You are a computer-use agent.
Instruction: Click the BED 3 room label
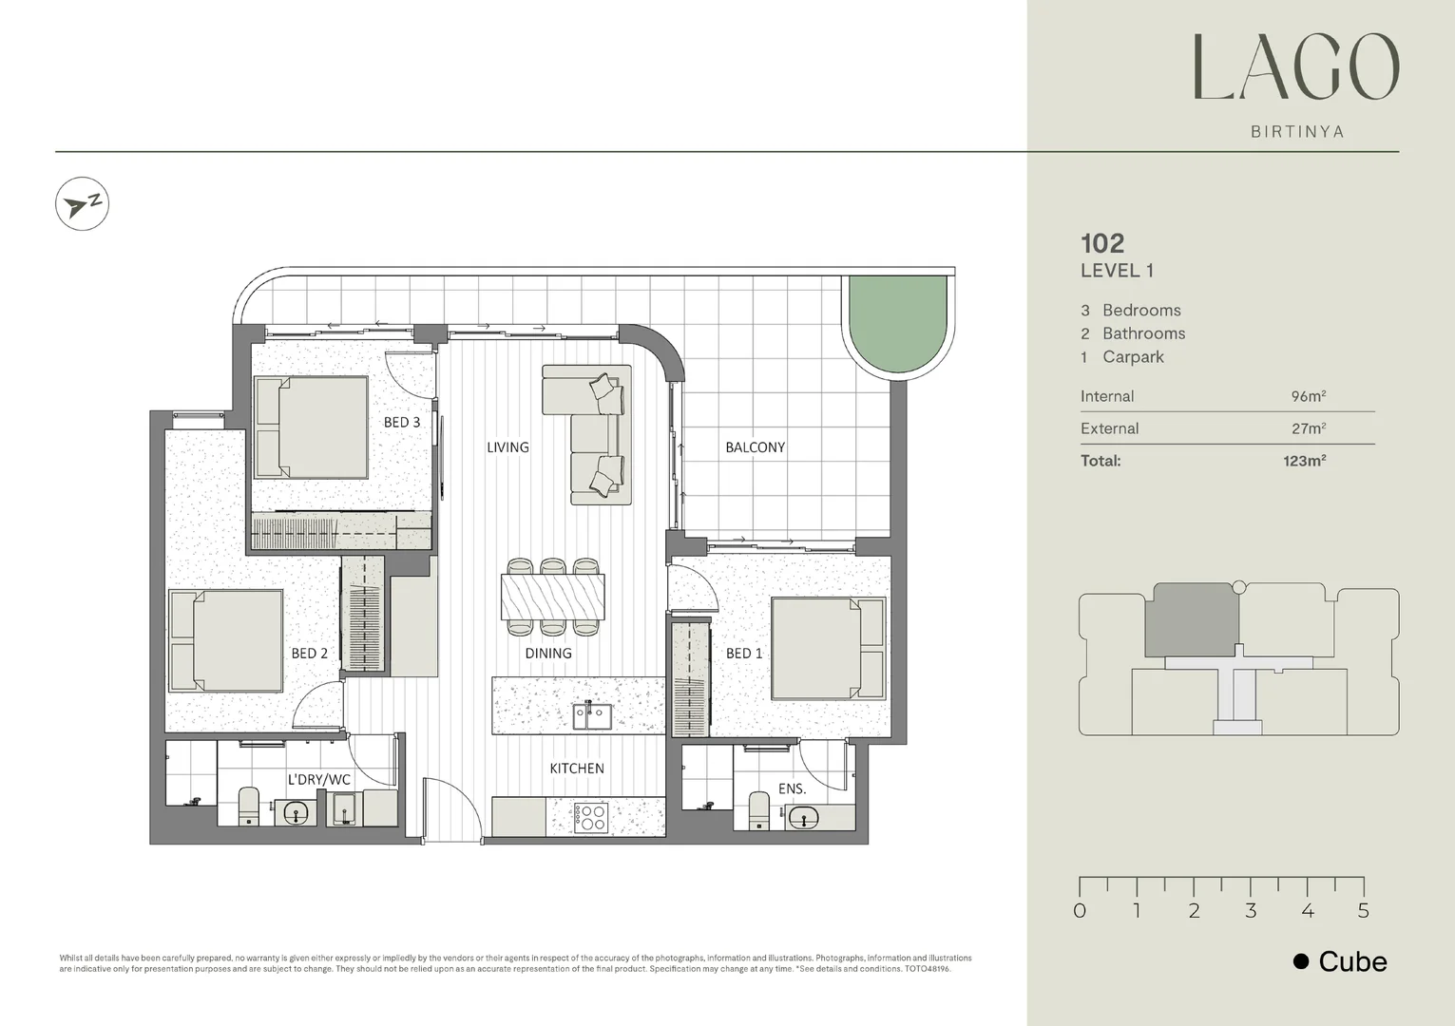[401, 422]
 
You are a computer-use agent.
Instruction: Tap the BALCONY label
[755, 447]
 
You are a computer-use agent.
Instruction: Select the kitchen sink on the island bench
[591, 715]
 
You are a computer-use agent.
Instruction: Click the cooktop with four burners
[590, 817]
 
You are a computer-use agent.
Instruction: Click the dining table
[553, 596]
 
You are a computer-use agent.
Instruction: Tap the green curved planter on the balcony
[898, 323]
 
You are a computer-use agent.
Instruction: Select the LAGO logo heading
[1296, 68]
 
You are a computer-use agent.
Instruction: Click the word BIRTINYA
[1297, 132]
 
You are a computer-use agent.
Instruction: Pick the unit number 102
[1102, 243]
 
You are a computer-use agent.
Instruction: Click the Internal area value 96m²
[1308, 396]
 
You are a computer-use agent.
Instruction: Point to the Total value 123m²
[1304, 461]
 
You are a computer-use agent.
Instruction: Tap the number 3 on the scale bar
[1251, 911]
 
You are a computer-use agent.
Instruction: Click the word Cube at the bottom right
[1352, 961]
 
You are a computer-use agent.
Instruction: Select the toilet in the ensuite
[759, 809]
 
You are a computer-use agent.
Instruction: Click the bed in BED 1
[827, 648]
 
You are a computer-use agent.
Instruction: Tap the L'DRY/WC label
[319, 780]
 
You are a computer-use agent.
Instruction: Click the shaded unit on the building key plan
[1192, 619]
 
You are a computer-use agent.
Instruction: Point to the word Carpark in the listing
[1133, 357]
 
